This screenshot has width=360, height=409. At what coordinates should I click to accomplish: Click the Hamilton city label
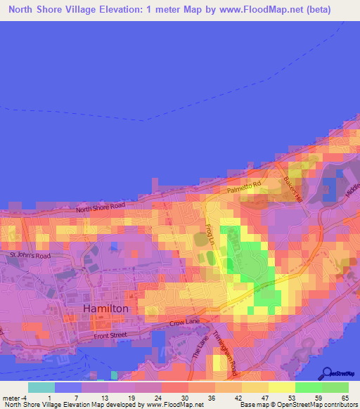click(x=105, y=309)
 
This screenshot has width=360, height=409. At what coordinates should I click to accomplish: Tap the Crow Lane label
click(x=186, y=323)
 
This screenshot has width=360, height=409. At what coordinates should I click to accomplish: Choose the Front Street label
click(x=110, y=335)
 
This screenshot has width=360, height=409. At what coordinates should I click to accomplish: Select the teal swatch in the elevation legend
click(x=41, y=387)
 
